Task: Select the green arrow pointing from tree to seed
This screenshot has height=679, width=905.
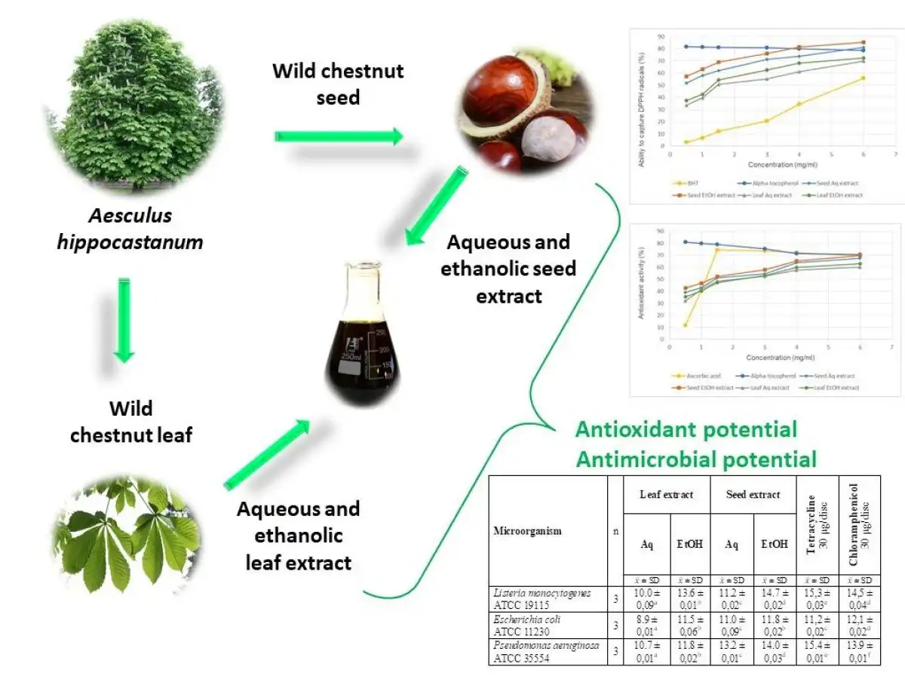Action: click(339, 137)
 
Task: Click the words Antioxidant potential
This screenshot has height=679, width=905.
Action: click(686, 430)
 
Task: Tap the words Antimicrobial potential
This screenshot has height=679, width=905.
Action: click(696, 459)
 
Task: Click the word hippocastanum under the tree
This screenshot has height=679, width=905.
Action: click(130, 243)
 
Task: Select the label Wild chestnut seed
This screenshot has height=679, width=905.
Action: click(338, 84)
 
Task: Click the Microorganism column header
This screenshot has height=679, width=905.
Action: click(528, 531)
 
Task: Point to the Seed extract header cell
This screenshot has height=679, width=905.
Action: click(753, 494)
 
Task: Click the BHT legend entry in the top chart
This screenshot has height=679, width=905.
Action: click(689, 183)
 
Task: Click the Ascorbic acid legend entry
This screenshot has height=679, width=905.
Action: click(695, 376)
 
